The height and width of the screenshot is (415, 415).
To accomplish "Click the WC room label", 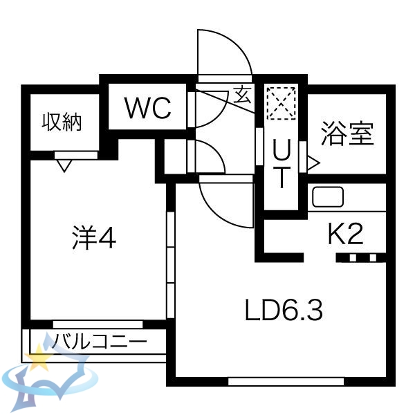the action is click(x=147, y=108).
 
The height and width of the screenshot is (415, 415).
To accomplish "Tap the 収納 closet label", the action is click(x=62, y=122).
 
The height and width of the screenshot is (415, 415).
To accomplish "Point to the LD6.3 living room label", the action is click(x=284, y=311).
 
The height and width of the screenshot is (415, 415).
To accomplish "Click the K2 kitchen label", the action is click(x=345, y=235).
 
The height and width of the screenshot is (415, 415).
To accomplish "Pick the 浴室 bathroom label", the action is click(x=347, y=133).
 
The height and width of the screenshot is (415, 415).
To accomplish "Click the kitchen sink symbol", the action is click(x=328, y=196).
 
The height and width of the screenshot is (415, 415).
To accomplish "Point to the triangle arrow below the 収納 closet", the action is click(x=64, y=165).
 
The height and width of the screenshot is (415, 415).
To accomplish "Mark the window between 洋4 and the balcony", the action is click(x=98, y=324).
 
